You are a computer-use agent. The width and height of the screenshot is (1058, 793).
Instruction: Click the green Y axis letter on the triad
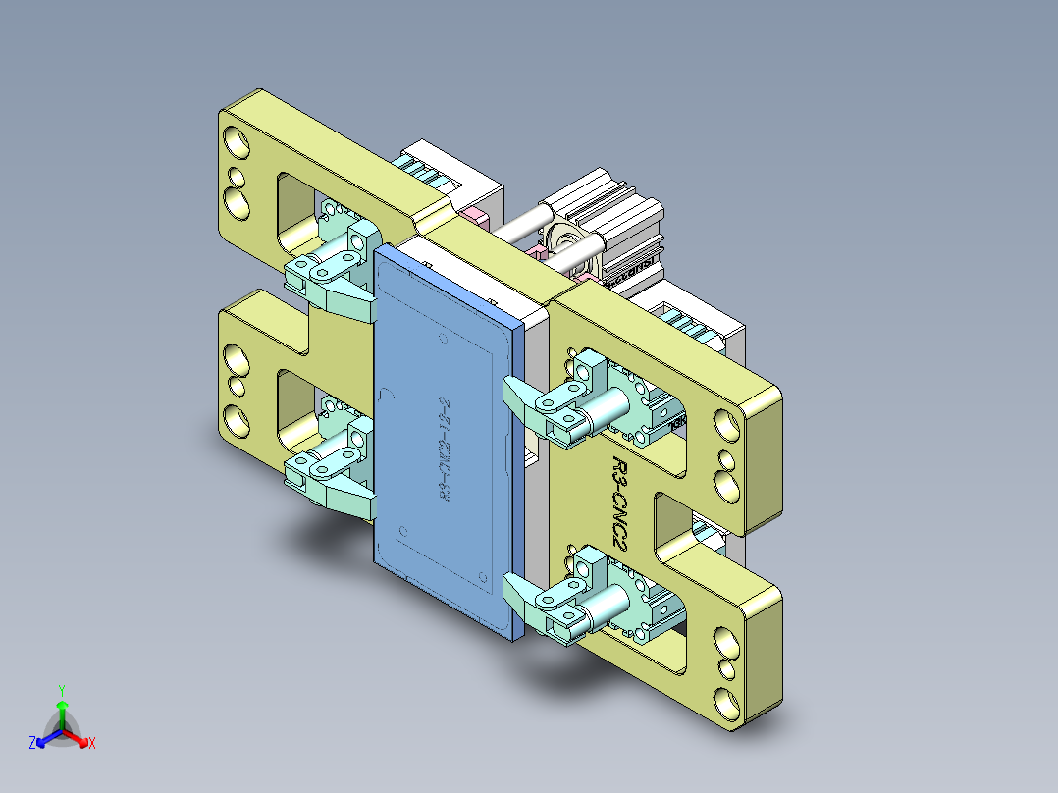click(x=61, y=690)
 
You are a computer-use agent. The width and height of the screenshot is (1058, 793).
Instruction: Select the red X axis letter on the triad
click(x=92, y=744)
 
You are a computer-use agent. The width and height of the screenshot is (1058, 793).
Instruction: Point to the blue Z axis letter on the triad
click(x=32, y=744)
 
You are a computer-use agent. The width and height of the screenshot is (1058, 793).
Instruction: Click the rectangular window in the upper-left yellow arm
click(x=300, y=210)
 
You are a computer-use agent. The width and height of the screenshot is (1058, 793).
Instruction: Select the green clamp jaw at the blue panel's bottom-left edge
click(x=348, y=495)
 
